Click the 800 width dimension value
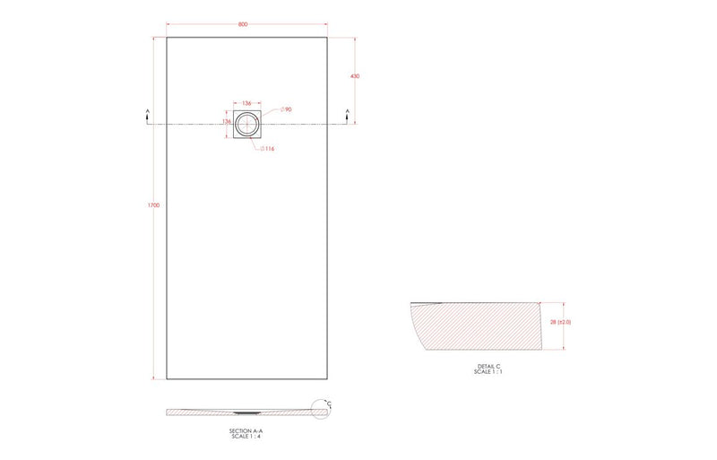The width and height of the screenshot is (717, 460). click(243, 24)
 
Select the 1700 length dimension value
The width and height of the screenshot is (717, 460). click(153, 206)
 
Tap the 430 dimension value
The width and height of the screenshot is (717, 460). click(355, 76)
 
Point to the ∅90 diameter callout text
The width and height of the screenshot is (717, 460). click(287, 109)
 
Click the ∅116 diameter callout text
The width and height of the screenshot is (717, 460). click(267, 148)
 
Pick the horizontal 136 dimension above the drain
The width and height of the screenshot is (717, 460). click(246, 104)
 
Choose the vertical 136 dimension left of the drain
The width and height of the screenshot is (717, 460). click(227, 121)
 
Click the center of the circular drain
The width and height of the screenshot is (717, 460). click(246, 123)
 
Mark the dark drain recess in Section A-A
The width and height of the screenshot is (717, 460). click(244, 413)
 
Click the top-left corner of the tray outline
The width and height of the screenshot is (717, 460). click(167, 36)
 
